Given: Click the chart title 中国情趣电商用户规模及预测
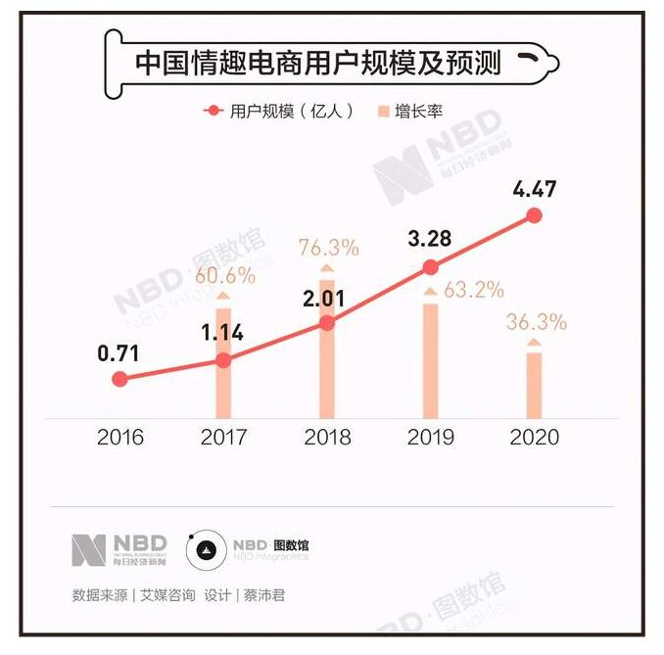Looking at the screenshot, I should point(317,64).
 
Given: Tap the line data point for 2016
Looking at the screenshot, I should point(119,379).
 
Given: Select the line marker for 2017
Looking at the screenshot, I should point(223,360).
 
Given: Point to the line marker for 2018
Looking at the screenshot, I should point(327,322).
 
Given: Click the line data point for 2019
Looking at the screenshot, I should point(430,266).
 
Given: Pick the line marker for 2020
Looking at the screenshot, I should point(534,215).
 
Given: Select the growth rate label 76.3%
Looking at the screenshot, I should point(328,248).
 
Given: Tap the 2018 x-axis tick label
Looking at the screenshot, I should point(327,437).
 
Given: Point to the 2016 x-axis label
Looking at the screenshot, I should point(119,437).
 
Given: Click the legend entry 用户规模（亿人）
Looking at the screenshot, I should point(279,112).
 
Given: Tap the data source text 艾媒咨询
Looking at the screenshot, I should point(168,595).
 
